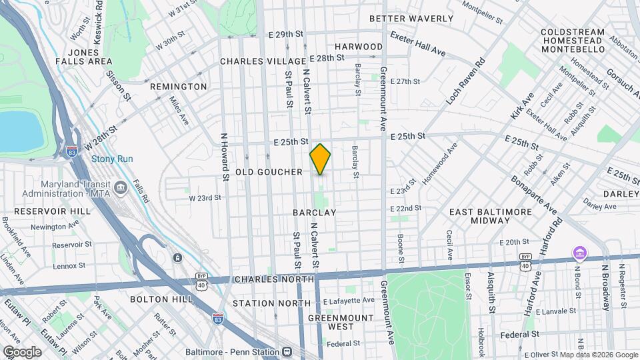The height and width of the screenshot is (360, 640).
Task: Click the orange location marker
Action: (x=320, y=159)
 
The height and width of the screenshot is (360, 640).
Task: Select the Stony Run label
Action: (x=112, y=159)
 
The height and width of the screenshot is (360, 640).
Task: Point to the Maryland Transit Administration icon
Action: (x=120, y=187)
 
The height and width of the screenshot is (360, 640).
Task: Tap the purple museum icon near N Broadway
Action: (x=579, y=253)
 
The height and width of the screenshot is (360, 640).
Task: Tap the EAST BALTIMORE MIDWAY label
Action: (x=490, y=216)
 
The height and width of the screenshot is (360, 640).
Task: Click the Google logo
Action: (x=22, y=351)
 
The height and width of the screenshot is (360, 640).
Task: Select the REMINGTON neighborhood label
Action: (x=178, y=87)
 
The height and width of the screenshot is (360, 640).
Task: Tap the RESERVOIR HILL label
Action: (x=38, y=211)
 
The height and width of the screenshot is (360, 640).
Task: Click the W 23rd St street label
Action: (x=205, y=198)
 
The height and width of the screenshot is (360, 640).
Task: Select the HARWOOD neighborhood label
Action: (x=359, y=47)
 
